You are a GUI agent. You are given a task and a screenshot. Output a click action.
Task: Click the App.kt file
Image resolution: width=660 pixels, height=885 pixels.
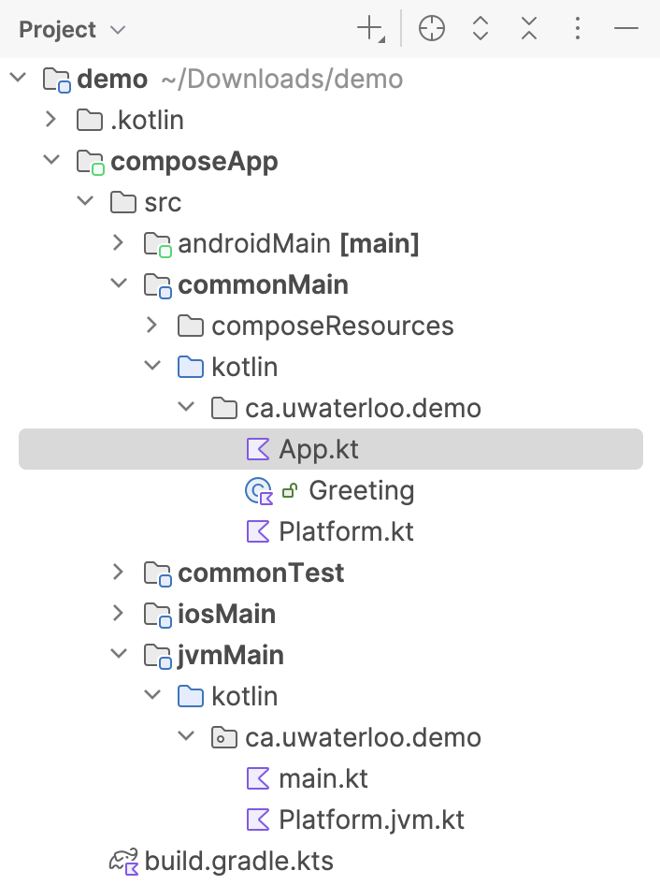(318, 450)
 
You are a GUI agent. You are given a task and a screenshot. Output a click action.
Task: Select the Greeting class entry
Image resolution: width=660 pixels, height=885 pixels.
(361, 491)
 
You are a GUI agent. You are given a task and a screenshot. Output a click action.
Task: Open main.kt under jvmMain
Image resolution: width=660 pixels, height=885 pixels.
(323, 779)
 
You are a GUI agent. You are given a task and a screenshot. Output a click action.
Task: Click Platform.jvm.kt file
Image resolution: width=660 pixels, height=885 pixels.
(371, 820)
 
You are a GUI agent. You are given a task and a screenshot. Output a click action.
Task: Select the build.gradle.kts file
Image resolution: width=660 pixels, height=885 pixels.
(238, 861)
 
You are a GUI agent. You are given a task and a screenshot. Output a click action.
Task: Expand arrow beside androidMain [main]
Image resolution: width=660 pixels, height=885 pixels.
(117, 243)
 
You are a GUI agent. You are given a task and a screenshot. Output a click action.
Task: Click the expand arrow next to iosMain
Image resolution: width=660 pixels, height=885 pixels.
(117, 614)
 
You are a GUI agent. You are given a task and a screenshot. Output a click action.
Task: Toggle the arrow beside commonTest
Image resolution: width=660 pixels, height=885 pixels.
(117, 573)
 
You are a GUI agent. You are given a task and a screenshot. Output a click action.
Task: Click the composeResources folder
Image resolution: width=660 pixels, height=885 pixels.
(332, 326)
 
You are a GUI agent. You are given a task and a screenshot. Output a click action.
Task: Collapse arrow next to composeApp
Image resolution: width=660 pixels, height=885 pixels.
(50, 161)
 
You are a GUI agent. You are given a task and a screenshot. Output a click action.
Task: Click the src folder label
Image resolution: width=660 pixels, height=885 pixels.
(163, 203)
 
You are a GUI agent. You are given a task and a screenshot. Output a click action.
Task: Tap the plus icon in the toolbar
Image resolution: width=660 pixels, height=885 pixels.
(370, 30)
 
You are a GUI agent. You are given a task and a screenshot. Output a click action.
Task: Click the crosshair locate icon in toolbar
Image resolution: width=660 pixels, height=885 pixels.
(431, 30)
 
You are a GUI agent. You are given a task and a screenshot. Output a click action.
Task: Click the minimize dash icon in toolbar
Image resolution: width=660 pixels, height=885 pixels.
(625, 30)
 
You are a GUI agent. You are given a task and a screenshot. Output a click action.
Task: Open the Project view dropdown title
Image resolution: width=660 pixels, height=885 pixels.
(71, 30)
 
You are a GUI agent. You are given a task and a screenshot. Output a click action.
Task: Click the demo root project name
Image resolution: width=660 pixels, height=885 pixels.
(112, 80)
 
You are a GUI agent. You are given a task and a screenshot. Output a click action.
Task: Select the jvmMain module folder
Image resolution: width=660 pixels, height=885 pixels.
(231, 656)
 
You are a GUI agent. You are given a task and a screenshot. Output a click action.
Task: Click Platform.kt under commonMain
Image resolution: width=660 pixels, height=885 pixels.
(346, 532)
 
